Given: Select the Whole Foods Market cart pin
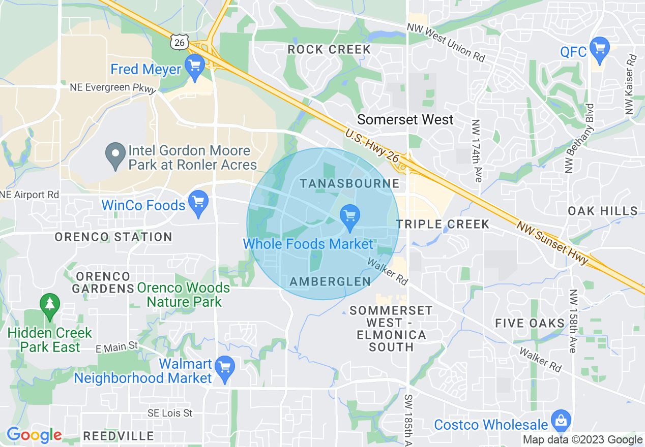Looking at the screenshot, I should [349, 216].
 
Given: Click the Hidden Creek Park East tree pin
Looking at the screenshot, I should [49, 305].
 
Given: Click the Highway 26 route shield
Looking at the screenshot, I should [180, 43].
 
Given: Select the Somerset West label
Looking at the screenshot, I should [405, 120].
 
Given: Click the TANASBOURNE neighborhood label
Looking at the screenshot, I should [350, 183].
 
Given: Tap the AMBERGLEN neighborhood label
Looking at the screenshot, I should [330, 281].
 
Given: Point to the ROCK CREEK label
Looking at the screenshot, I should [329, 50].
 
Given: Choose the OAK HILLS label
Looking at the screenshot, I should [603, 211].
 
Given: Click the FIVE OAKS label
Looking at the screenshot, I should [530, 324].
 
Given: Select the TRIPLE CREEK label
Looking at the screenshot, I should [443, 224].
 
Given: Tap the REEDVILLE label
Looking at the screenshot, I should [119, 436].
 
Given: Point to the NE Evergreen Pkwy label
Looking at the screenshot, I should [113, 88].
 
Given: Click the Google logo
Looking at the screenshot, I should [34, 435].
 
